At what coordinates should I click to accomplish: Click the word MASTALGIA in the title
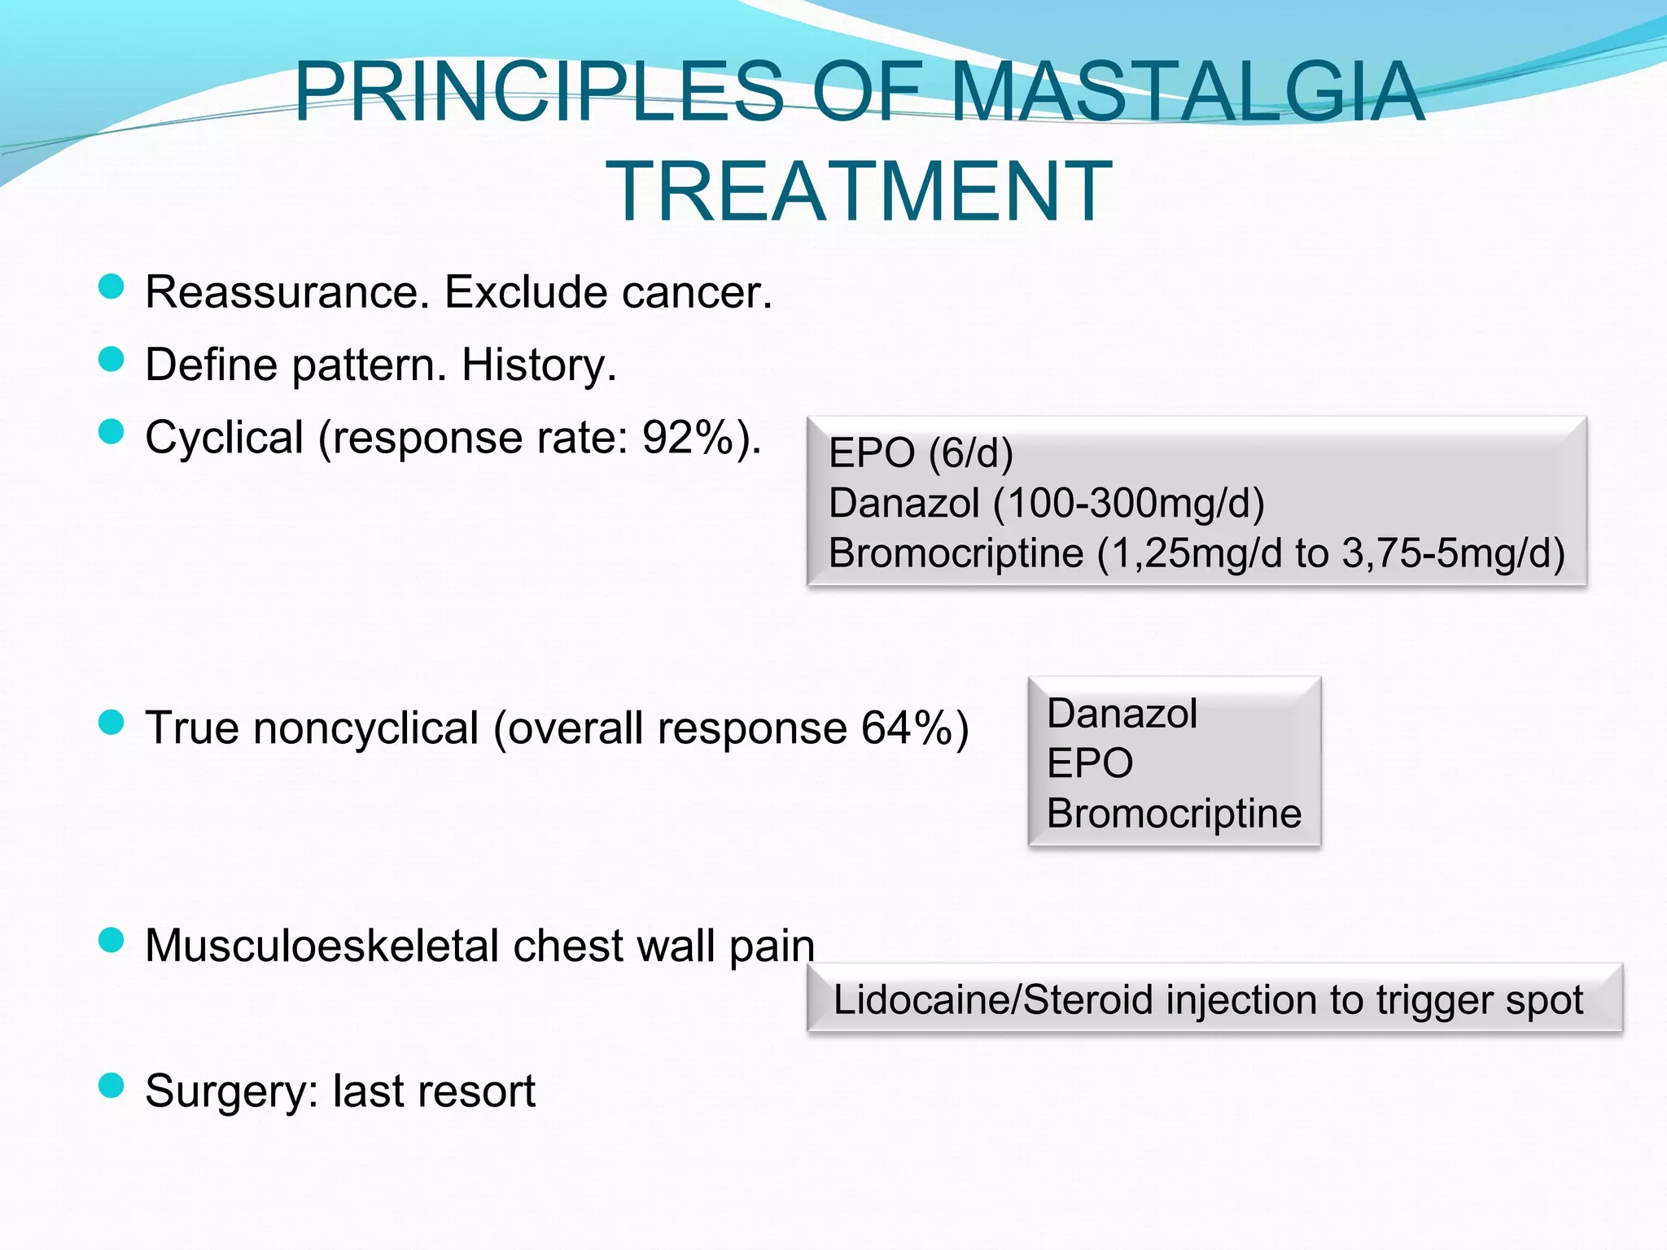(x=1188, y=91)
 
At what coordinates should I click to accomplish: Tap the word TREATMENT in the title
(x=859, y=192)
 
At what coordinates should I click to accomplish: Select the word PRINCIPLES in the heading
(x=538, y=91)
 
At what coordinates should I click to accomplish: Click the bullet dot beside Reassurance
(x=111, y=286)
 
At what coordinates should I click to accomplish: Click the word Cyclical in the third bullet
(x=224, y=438)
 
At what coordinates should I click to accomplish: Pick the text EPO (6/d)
(x=921, y=452)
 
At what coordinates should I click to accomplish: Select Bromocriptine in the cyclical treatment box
(x=956, y=553)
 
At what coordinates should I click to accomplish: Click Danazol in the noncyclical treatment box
(x=1122, y=714)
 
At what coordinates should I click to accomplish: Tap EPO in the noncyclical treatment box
(x=1090, y=763)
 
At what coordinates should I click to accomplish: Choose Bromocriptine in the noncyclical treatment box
(x=1174, y=813)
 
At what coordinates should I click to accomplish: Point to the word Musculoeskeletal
(x=322, y=946)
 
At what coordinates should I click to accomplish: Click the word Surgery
(x=231, y=1091)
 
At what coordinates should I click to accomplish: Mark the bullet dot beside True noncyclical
(x=111, y=722)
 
